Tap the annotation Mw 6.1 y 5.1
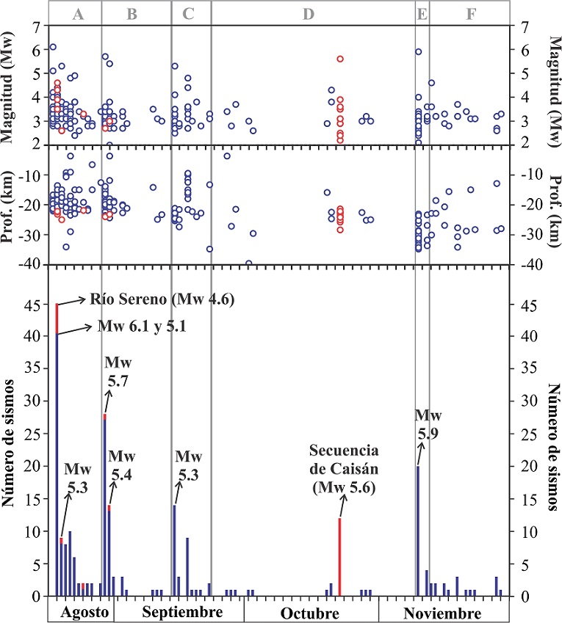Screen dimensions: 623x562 tap(139, 326)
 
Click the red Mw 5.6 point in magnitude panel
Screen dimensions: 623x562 tap(340, 59)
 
